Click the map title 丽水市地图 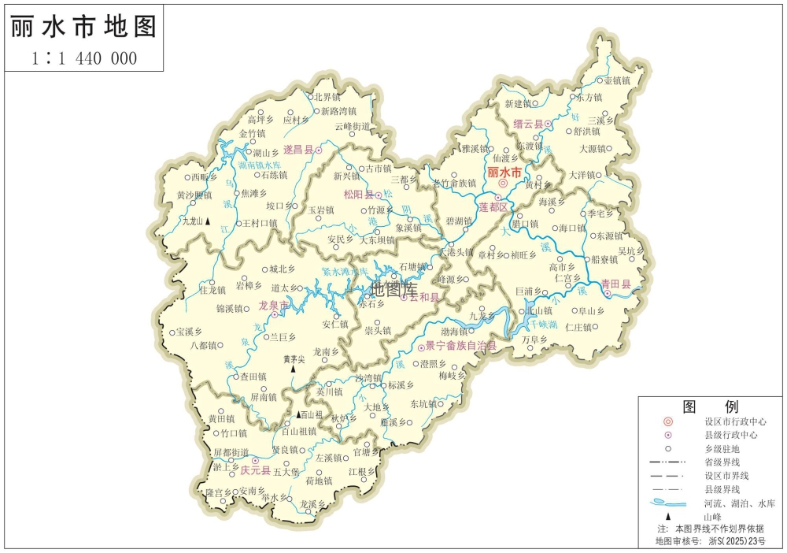pyautogui.click(x=83, y=26)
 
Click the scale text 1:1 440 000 pyautogui.click(x=84, y=58)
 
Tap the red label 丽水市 pyautogui.click(x=504, y=172)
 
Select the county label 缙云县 pyautogui.click(x=528, y=124)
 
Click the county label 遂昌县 pyautogui.click(x=298, y=149)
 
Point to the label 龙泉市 pyautogui.click(x=273, y=304)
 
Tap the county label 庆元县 pyautogui.click(x=255, y=470)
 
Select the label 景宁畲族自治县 pyautogui.click(x=461, y=346)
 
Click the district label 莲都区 pyautogui.click(x=494, y=206)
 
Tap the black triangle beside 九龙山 pyautogui.click(x=208, y=222)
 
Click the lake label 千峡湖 pyautogui.click(x=542, y=324)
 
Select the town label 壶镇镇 pyautogui.click(x=617, y=80)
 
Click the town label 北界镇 pyautogui.click(x=327, y=97)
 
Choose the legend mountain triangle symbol pyautogui.click(x=668, y=514)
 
